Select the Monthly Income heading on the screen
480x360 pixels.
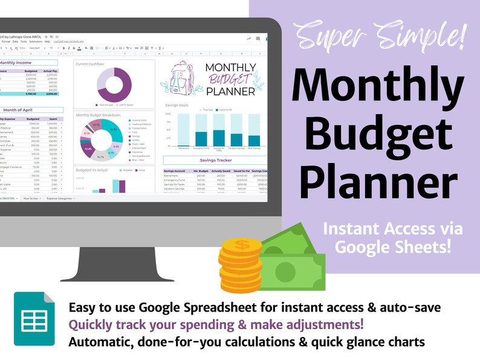pyautogui.click(x=18, y=62)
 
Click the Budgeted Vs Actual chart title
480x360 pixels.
pyautogui.click(x=91, y=170)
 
